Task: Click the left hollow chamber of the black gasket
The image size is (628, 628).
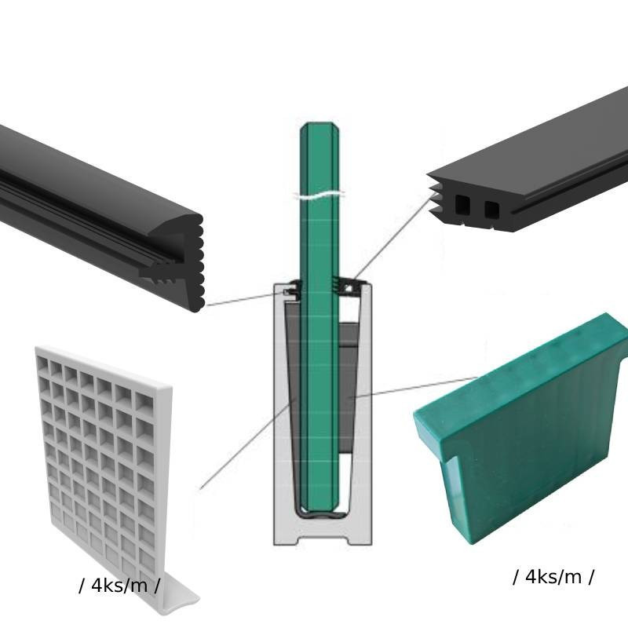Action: point(462,205)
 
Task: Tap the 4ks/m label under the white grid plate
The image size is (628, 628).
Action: point(119,586)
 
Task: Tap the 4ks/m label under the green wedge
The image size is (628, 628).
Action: point(553,577)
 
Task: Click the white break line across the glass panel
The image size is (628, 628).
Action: point(319,195)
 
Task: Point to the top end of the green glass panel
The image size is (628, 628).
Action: point(319,123)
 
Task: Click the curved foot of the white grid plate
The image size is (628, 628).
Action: point(181,595)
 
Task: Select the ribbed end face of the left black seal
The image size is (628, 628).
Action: point(195,262)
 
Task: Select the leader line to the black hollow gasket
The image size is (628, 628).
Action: point(395,235)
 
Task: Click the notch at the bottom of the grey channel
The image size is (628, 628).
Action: point(323,540)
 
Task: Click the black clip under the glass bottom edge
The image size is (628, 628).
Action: point(319,514)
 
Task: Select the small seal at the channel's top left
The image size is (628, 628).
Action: point(291,290)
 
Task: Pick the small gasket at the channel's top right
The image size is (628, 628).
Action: point(348,285)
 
